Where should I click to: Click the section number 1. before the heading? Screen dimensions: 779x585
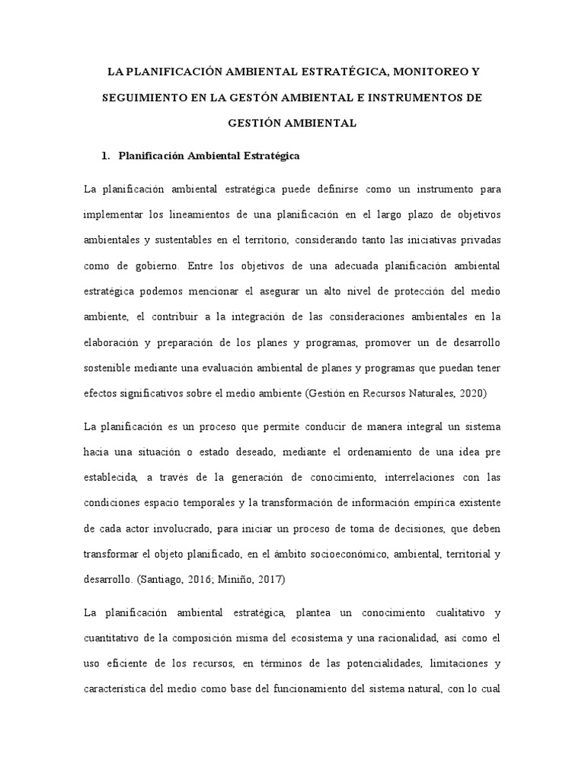107,156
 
